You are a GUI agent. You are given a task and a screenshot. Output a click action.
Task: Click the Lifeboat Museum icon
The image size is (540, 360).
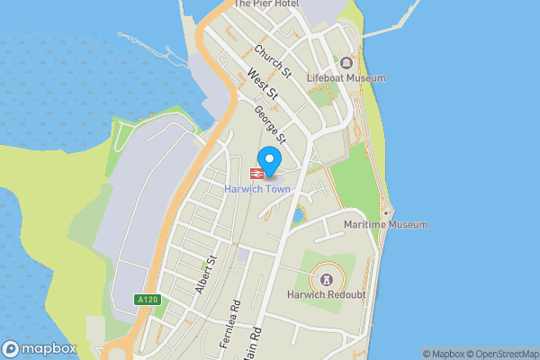(346, 63)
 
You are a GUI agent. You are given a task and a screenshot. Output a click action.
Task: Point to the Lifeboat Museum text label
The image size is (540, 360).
(346, 78)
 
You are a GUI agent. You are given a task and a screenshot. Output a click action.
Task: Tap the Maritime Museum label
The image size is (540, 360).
(386, 224)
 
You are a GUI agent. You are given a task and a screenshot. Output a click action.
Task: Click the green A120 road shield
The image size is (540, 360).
(148, 300)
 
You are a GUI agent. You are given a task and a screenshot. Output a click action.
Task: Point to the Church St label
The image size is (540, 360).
(273, 60)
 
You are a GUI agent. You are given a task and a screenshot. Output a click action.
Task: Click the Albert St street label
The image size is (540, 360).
(206, 274)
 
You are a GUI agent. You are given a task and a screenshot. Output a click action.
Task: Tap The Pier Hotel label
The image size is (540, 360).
(265, 4)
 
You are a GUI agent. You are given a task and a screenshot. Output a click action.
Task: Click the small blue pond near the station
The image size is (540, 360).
(298, 216)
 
